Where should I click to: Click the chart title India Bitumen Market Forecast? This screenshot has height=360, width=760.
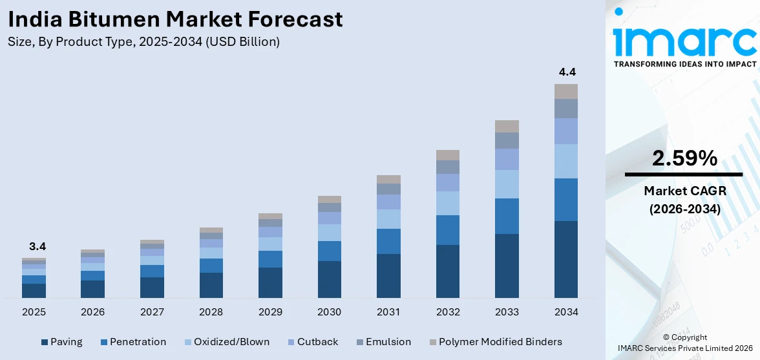[x=175, y=19]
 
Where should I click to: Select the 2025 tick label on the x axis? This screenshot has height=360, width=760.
[x=34, y=312]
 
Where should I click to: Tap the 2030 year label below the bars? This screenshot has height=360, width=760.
[x=329, y=312]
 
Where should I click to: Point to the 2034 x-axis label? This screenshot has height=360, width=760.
[x=565, y=312]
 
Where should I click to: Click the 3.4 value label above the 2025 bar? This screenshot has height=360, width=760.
[x=37, y=246]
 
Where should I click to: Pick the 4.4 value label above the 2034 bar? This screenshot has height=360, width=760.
[x=567, y=72]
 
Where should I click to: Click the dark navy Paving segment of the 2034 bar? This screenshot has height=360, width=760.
[x=565, y=259]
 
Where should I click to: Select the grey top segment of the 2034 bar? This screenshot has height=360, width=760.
[x=565, y=91]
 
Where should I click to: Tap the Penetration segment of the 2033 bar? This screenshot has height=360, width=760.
[x=507, y=216]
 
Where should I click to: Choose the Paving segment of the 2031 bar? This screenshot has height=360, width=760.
[x=388, y=276]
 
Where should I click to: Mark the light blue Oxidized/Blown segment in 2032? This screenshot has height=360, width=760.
[x=447, y=203]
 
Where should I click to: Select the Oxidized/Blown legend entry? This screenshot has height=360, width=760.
[x=226, y=342]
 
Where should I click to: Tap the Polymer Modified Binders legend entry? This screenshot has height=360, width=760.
[x=494, y=342]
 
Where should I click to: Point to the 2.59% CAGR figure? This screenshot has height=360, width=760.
[x=684, y=158]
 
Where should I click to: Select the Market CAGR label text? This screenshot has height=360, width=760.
[x=684, y=191]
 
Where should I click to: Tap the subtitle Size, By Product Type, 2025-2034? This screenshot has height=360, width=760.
[x=143, y=42]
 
